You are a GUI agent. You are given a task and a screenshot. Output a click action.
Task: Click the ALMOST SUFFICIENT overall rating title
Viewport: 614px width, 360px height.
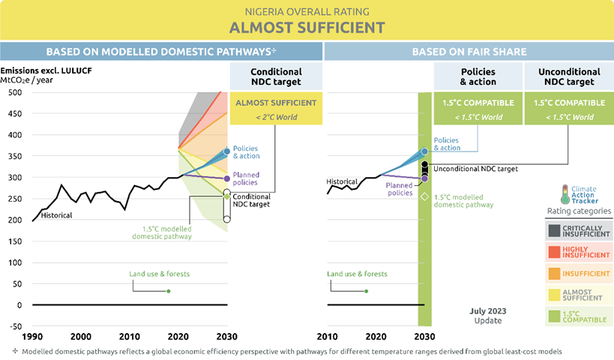[x=307, y=28]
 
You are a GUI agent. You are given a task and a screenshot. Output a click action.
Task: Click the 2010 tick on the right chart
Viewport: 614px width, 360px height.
[x=326, y=335]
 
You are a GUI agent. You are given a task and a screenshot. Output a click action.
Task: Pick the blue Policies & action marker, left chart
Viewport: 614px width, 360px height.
[x=227, y=151]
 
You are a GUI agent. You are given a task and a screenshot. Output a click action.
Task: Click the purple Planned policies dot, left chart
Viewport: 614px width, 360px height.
[x=227, y=178]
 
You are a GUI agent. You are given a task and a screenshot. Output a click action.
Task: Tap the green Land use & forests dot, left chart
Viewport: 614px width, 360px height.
[x=169, y=291]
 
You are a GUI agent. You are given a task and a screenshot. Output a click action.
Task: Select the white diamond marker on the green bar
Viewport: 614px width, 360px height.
[x=424, y=196]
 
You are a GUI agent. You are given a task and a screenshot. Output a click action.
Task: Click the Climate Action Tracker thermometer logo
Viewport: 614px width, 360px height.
[x=565, y=193]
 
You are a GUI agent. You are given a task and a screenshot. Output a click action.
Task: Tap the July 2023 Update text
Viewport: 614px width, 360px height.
[x=487, y=315]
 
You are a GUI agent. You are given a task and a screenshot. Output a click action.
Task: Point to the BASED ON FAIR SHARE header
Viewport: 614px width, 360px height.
[x=469, y=52]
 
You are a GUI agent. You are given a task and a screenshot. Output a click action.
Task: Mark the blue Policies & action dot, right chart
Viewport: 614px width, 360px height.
[x=424, y=151]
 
